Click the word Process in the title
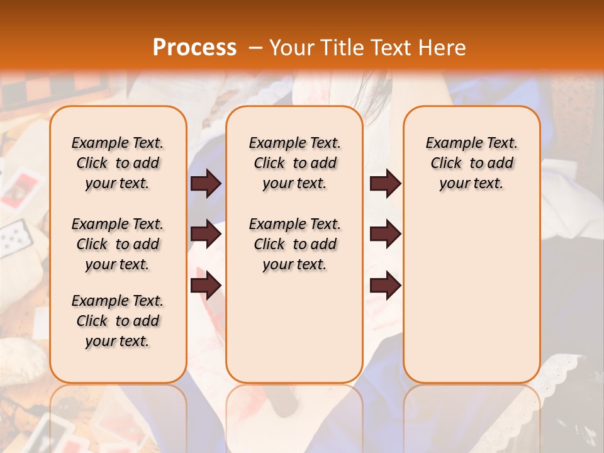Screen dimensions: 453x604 click(194, 48)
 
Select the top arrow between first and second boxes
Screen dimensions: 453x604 click(206, 184)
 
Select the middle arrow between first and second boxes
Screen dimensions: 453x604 click(206, 235)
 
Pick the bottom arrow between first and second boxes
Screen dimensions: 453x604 click(206, 285)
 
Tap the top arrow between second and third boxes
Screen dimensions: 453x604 click(385, 184)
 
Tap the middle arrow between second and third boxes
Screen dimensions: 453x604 click(385, 235)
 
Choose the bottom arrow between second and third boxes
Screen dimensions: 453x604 click(385, 285)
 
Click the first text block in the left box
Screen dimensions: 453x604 click(118, 163)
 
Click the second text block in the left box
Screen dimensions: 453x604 click(118, 244)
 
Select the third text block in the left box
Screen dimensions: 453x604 click(118, 321)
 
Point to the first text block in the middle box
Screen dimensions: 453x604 click(294, 163)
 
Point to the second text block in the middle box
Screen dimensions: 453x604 click(294, 244)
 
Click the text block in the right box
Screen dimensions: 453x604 click(471, 163)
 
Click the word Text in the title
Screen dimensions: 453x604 click(393, 48)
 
